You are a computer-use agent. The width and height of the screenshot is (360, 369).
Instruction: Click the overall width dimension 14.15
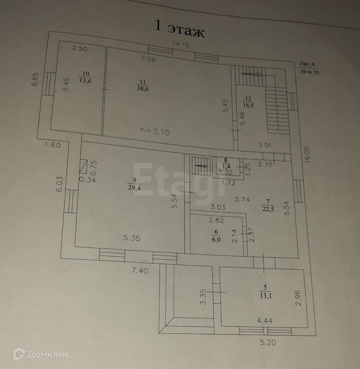pos(181,44)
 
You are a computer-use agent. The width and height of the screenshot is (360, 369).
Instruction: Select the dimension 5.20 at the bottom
pos(267,342)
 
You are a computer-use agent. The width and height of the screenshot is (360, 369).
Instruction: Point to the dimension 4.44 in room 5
pos(265,320)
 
